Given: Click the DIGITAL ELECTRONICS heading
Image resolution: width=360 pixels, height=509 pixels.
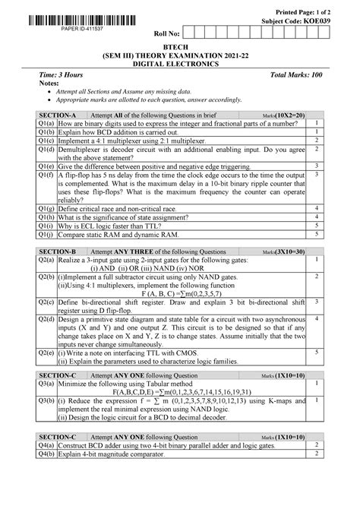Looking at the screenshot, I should [x=180, y=65].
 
